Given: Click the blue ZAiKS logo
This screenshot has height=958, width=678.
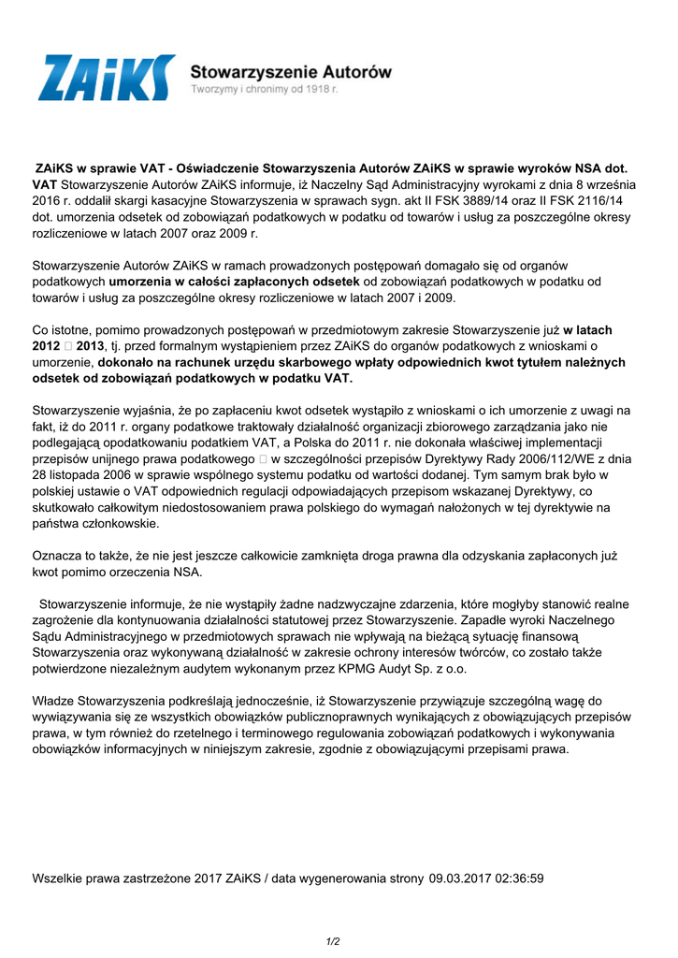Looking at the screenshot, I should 106,78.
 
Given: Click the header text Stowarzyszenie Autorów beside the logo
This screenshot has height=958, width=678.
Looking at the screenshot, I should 291,71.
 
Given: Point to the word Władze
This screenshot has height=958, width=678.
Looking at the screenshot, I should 56,701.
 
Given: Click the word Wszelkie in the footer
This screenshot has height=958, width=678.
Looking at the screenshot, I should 61,878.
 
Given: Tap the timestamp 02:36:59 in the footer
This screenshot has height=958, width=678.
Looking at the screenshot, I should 517,878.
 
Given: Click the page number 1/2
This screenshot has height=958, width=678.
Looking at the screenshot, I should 333,940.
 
